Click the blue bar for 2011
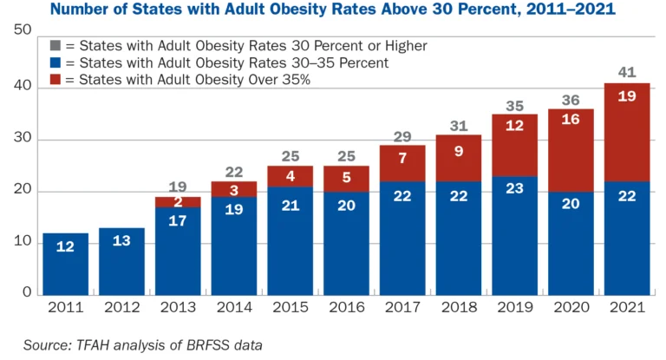tap(65, 264)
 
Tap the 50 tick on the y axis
tap(23, 30)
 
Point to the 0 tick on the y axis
tap(27, 293)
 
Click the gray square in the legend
tap(55, 45)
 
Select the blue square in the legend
tap(55, 62)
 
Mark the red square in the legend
tap(55, 80)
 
